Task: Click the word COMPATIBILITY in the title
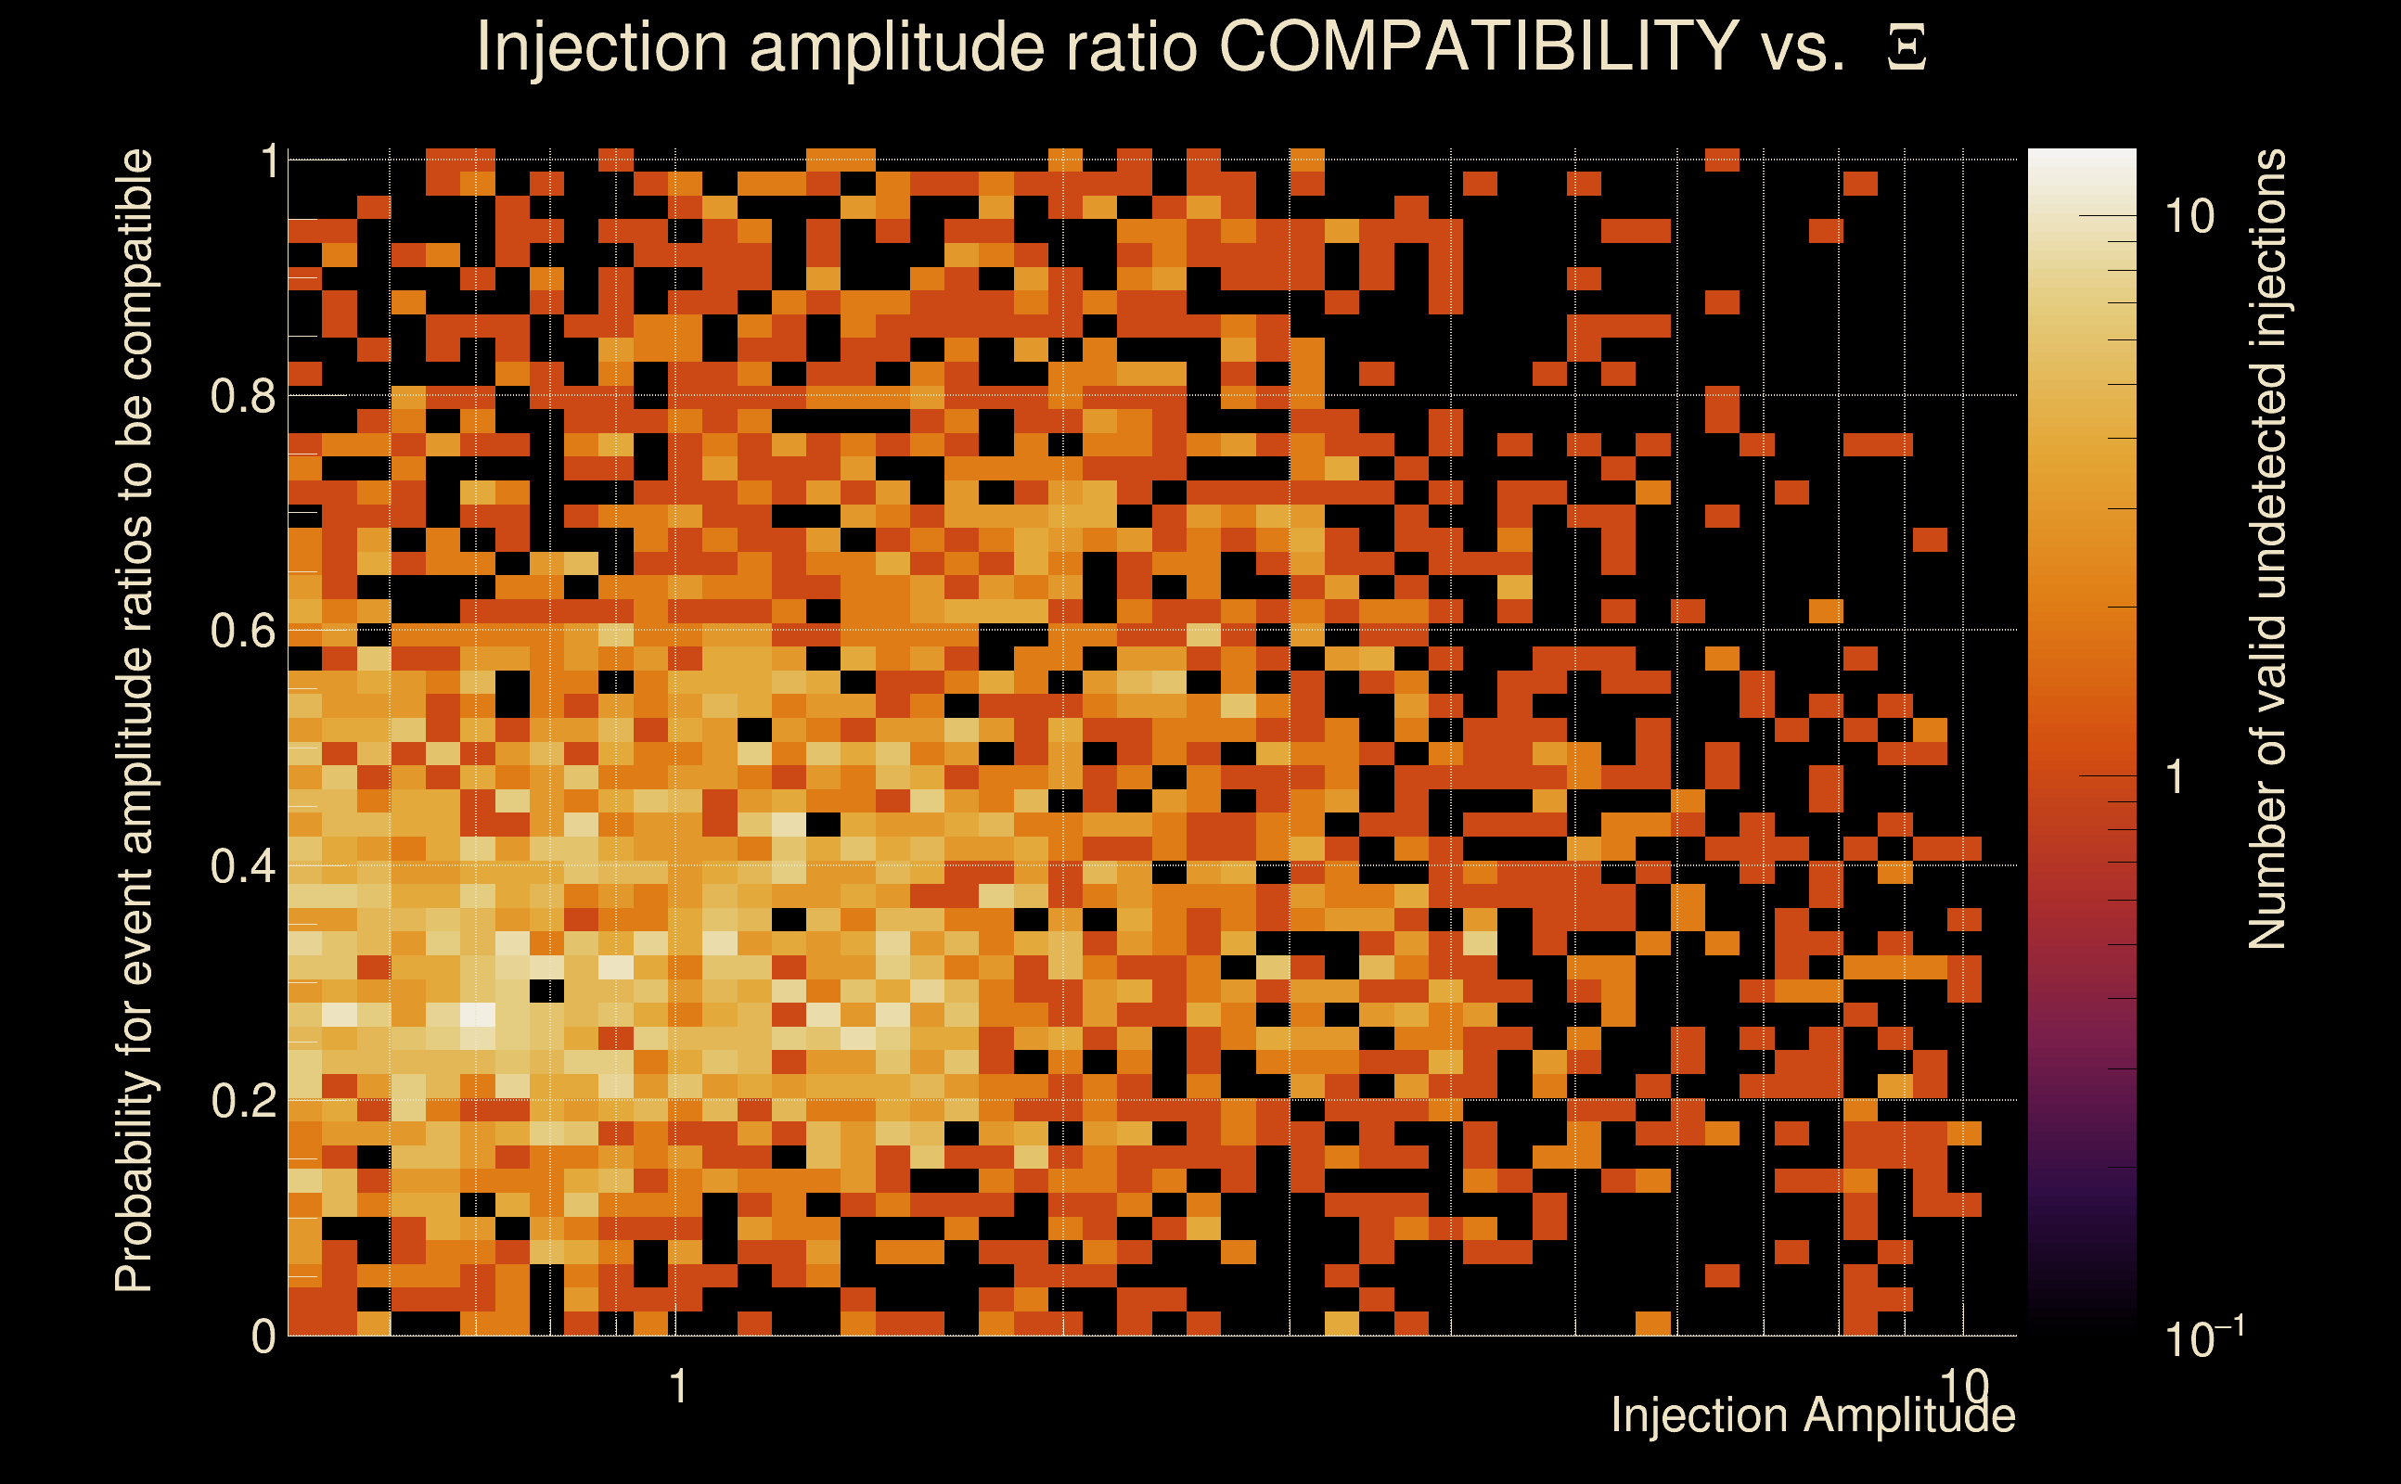[x=1478, y=46]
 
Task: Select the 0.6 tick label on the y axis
[x=242, y=630]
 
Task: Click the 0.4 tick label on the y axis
[x=242, y=865]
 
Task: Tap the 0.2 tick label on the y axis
[x=242, y=1100]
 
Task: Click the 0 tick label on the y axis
[x=263, y=1336]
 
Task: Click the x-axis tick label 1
[x=677, y=1387]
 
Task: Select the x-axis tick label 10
[x=1962, y=1386]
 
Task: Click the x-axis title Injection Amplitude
[x=1813, y=1415]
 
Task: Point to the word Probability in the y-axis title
[x=134, y=1183]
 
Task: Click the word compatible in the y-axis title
[x=134, y=265]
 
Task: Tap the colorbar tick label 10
[x=2189, y=216]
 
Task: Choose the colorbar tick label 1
[x=2176, y=776]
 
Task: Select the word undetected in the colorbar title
[x=2266, y=481]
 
